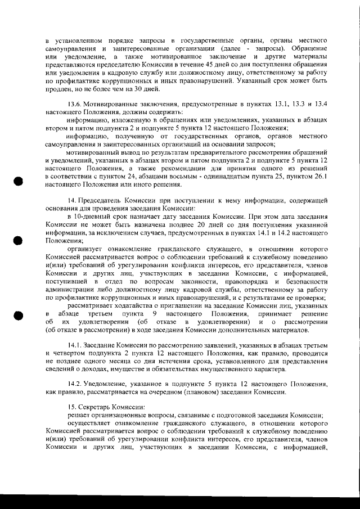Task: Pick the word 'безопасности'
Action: pos(303,281)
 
